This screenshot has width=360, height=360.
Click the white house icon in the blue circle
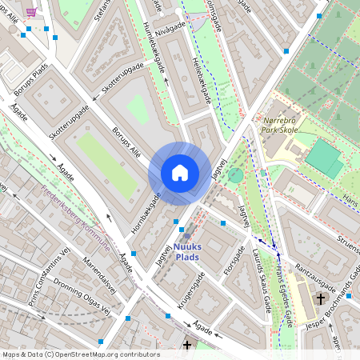point(180,173)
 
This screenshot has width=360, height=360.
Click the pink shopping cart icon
point(30,11)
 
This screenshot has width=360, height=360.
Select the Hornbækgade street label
point(146,213)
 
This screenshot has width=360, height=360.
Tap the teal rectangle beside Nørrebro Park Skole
point(323,158)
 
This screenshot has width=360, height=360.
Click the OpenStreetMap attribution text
point(81,354)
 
